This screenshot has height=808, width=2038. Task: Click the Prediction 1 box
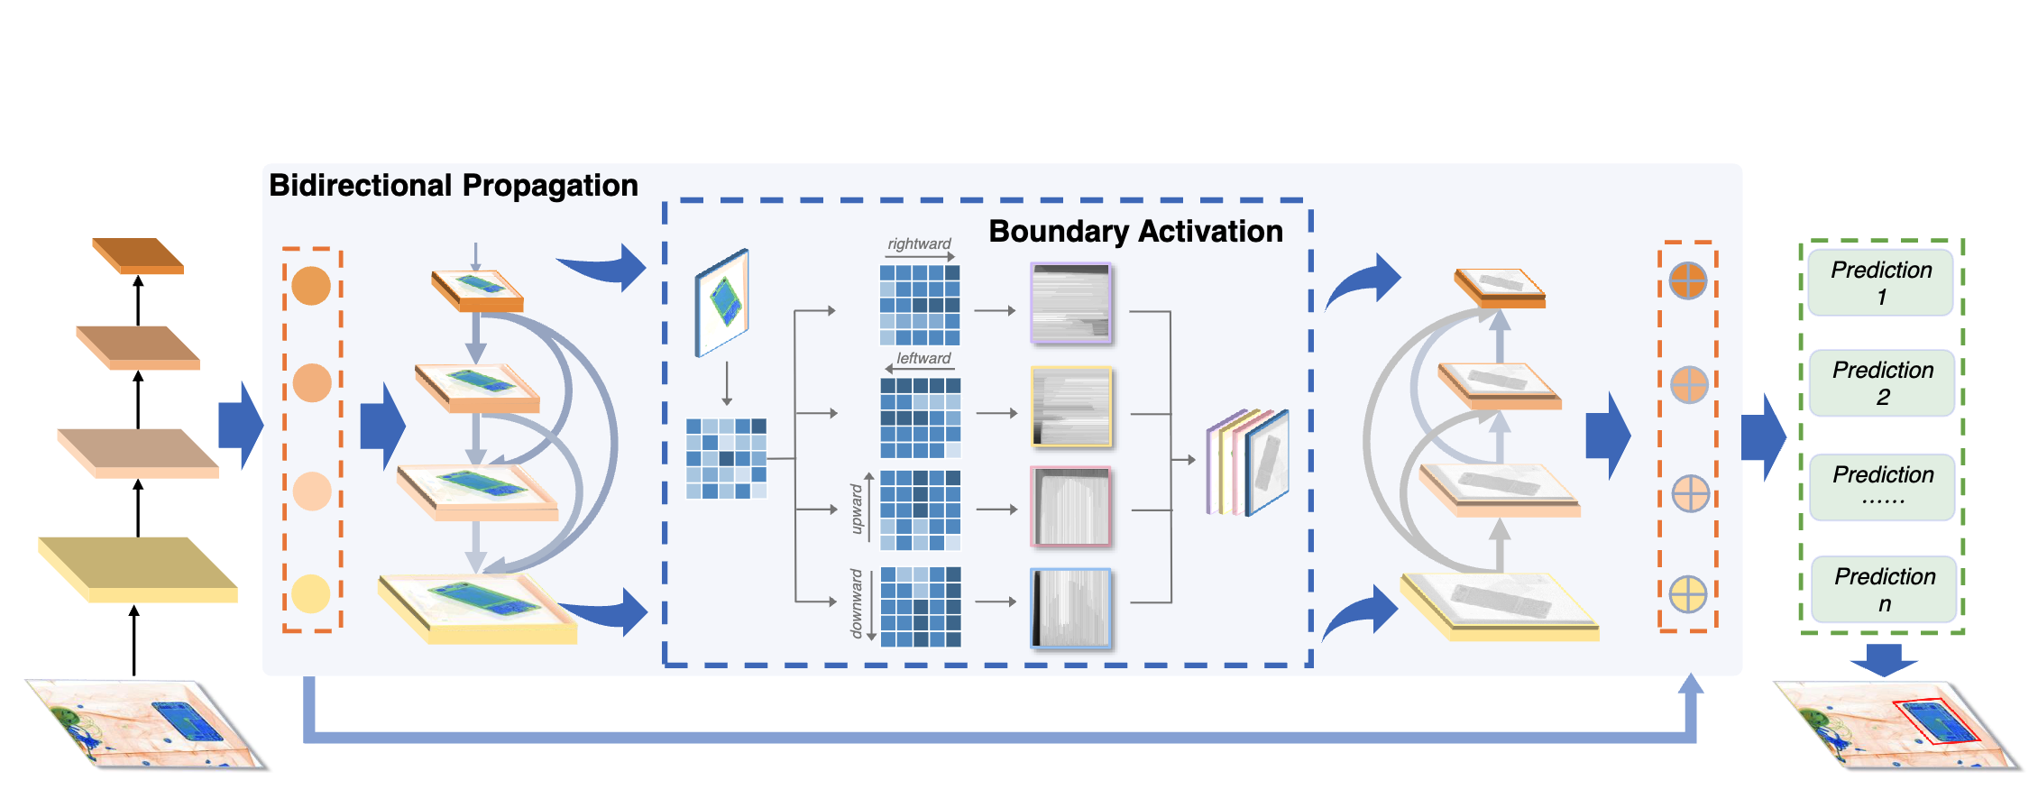tap(1880, 283)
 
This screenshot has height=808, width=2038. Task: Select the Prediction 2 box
tap(1882, 383)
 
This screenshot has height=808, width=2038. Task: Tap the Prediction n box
tap(1884, 590)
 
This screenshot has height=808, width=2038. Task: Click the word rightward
tap(919, 243)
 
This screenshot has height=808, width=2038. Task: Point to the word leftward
tap(923, 358)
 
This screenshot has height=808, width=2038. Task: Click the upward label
tap(857, 510)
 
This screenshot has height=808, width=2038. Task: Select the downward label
tap(857, 603)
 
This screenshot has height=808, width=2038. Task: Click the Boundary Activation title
tap(1135, 231)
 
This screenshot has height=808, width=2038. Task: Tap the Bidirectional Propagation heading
tap(454, 185)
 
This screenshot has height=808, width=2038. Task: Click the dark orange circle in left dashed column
tap(311, 286)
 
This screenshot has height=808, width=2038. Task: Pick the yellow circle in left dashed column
tap(311, 594)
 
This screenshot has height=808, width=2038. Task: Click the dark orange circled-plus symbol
tap(1687, 280)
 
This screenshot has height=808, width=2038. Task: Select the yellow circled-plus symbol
tap(1687, 594)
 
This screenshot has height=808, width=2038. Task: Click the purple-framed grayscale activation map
tap(1071, 304)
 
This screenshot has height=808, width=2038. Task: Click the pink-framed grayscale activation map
tap(1071, 507)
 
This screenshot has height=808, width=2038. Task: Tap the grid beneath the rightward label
tap(920, 305)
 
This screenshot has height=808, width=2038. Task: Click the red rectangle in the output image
tap(1935, 722)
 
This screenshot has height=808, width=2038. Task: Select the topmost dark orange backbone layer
tap(138, 254)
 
